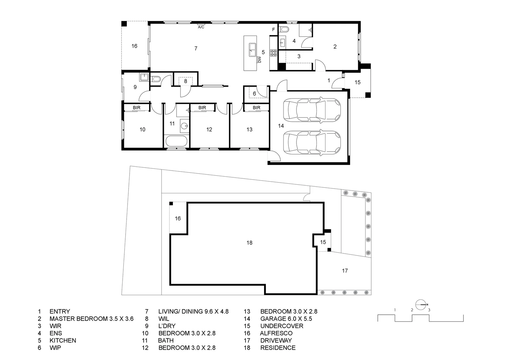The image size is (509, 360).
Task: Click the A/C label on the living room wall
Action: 201,27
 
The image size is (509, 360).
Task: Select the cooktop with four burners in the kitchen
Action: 273,53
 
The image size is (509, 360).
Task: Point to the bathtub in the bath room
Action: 176,141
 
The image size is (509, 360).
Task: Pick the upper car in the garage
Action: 312,110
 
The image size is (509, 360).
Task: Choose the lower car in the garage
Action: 312,142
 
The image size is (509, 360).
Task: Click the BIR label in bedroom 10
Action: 137,108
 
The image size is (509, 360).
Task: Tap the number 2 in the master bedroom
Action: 335,47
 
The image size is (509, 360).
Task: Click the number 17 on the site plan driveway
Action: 345,271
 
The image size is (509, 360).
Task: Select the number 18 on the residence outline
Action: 250,243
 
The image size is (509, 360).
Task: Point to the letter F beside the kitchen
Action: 273,29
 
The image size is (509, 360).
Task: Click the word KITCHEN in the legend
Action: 63,340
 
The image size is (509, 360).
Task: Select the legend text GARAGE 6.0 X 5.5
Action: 286,319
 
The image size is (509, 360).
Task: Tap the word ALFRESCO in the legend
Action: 276,333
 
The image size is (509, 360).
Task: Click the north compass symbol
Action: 421,304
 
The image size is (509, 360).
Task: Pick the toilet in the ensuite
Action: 284,29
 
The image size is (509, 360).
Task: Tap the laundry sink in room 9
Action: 144,77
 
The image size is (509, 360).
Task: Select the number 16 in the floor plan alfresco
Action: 134,46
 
